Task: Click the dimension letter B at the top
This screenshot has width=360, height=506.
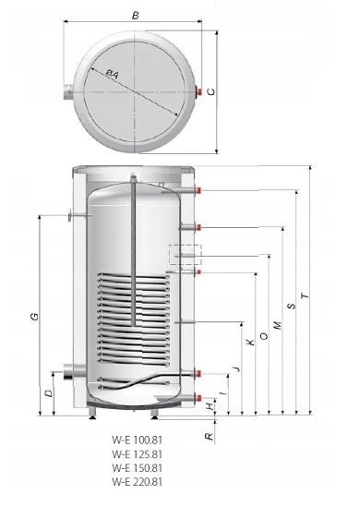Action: (x=136, y=15)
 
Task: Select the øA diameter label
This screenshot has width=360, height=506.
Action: (x=113, y=74)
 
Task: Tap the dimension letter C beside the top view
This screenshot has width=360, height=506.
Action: (x=211, y=92)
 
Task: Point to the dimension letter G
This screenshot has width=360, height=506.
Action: (x=34, y=316)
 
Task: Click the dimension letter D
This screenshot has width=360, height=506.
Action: (x=48, y=393)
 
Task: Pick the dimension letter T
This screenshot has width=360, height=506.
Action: (x=305, y=295)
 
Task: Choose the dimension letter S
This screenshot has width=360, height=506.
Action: (x=292, y=306)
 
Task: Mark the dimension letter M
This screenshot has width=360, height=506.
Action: (x=278, y=325)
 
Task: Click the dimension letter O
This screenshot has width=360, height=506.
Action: (x=264, y=336)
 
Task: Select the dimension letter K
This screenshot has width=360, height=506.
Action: (x=251, y=342)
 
